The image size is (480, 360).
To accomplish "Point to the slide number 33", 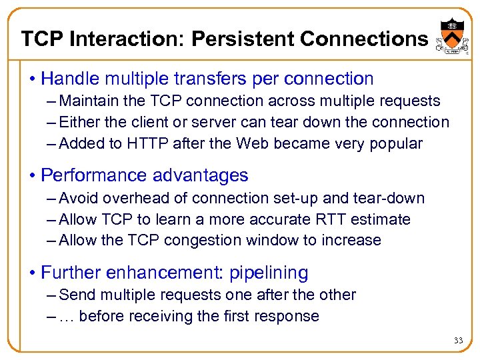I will (458, 341).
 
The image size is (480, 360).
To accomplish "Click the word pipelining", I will (269, 273).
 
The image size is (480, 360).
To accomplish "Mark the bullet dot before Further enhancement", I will (31, 273).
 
